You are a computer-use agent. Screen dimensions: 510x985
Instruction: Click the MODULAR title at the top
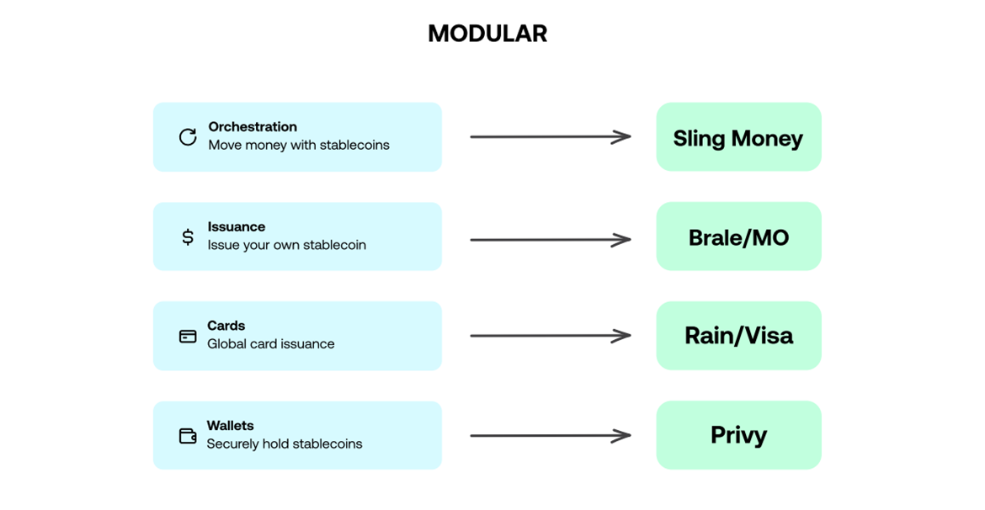coord(487,34)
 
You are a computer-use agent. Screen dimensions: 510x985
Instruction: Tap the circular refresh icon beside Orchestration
coord(188,136)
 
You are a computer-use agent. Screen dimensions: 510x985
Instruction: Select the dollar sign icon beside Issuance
coord(188,236)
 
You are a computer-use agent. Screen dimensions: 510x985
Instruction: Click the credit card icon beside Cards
coord(188,336)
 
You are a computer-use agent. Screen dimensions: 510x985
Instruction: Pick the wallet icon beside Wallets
coord(188,436)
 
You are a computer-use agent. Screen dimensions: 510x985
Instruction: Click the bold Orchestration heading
coord(253,127)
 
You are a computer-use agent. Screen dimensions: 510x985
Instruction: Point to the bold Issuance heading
coord(237,226)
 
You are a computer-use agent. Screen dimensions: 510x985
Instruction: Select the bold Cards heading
coord(226,326)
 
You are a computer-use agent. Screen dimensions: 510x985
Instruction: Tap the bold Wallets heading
coord(231,426)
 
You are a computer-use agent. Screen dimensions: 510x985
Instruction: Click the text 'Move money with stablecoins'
coord(299,145)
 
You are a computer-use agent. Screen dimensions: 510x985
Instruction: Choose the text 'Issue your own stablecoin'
coord(287,245)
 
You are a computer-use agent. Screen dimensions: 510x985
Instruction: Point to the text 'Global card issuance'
coord(271,343)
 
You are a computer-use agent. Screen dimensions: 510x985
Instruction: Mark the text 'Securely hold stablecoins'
coord(285,444)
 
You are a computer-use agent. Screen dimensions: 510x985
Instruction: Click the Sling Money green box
coord(738,137)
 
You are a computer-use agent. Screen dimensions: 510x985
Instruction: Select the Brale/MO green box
coord(738,236)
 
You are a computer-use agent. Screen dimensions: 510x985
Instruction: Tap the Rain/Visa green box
coord(738,336)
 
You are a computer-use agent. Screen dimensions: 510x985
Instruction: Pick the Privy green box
coord(738,435)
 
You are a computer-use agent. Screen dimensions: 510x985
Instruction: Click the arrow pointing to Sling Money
coord(550,136)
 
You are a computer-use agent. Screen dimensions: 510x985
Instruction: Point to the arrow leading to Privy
coord(550,435)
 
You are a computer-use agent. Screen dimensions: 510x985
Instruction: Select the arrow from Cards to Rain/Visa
coord(550,336)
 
